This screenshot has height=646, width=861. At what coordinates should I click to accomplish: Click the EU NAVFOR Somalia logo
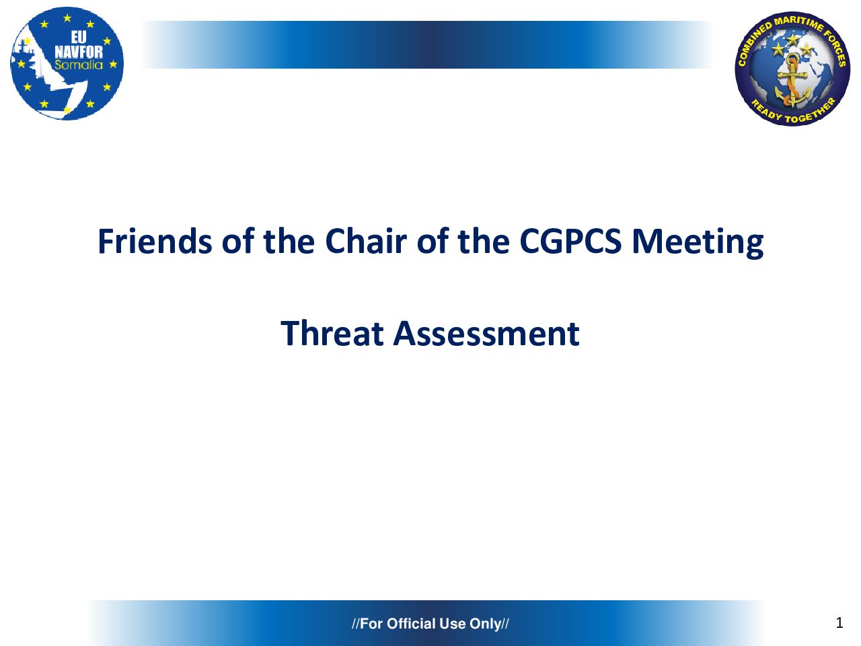pyautogui.click(x=67, y=63)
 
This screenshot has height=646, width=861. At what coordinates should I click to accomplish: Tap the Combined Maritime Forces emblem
pyautogui.click(x=792, y=69)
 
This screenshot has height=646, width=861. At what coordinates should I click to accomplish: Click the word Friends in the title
pyautogui.click(x=155, y=241)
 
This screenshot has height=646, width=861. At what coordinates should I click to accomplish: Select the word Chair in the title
pyautogui.click(x=365, y=241)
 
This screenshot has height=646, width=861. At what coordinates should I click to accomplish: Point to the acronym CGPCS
pyautogui.click(x=570, y=241)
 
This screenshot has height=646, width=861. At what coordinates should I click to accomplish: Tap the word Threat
pyautogui.click(x=332, y=333)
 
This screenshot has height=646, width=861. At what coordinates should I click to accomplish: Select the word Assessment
pyautogui.click(x=486, y=333)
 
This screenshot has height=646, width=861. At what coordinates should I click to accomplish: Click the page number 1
pyautogui.click(x=839, y=623)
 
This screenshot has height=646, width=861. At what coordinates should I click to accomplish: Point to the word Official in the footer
pyautogui.click(x=411, y=624)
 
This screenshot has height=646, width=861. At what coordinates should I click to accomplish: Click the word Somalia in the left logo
pyautogui.click(x=79, y=65)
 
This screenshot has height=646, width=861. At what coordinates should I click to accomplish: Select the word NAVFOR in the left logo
pyautogui.click(x=79, y=52)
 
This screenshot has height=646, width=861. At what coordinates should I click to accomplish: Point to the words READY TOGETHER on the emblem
pyautogui.click(x=793, y=112)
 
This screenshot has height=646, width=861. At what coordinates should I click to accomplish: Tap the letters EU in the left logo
pyautogui.click(x=79, y=37)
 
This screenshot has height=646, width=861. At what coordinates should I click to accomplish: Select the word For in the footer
pyautogui.click(x=371, y=624)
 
